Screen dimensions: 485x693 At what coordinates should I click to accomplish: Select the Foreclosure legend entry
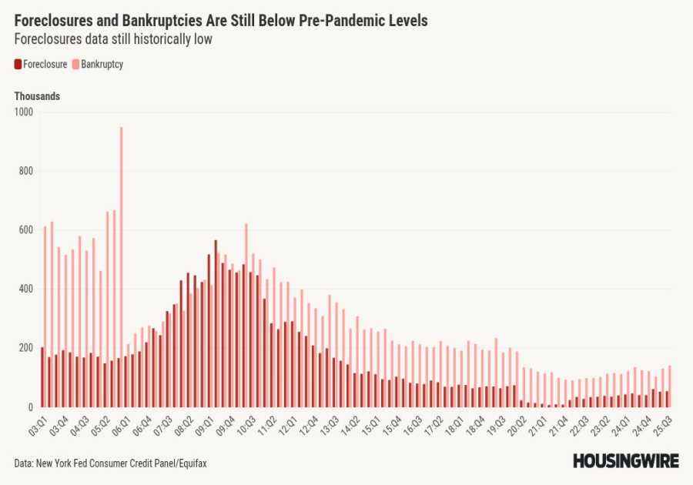[40, 65]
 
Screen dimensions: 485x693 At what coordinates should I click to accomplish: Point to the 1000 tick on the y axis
[25, 112]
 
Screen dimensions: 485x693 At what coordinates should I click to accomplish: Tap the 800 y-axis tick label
[26, 171]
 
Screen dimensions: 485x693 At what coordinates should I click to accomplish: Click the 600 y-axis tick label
[26, 230]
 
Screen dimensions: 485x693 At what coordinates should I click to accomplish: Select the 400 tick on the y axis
[26, 289]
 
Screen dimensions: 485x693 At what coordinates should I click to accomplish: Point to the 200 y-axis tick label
[26, 348]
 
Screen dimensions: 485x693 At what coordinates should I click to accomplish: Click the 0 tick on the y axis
[32, 407]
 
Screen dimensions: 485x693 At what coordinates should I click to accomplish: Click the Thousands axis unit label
[37, 96]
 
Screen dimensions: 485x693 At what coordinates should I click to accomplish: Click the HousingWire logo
[625, 461]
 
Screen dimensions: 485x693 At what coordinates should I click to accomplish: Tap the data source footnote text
[110, 463]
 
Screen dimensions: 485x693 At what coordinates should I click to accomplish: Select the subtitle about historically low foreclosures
[113, 39]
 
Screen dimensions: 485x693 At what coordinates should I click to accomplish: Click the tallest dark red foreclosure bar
[216, 324]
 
